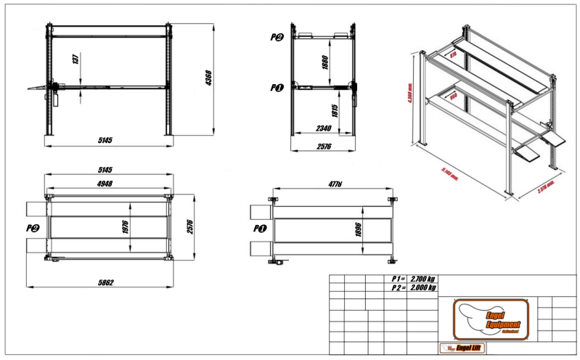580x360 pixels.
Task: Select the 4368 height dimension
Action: coord(208,78)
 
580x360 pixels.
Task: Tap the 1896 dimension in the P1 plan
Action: coord(358,230)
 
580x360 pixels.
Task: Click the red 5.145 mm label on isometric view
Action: coord(454,173)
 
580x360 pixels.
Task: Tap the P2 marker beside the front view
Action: coord(276,38)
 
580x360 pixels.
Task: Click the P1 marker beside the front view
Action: coord(276,88)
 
